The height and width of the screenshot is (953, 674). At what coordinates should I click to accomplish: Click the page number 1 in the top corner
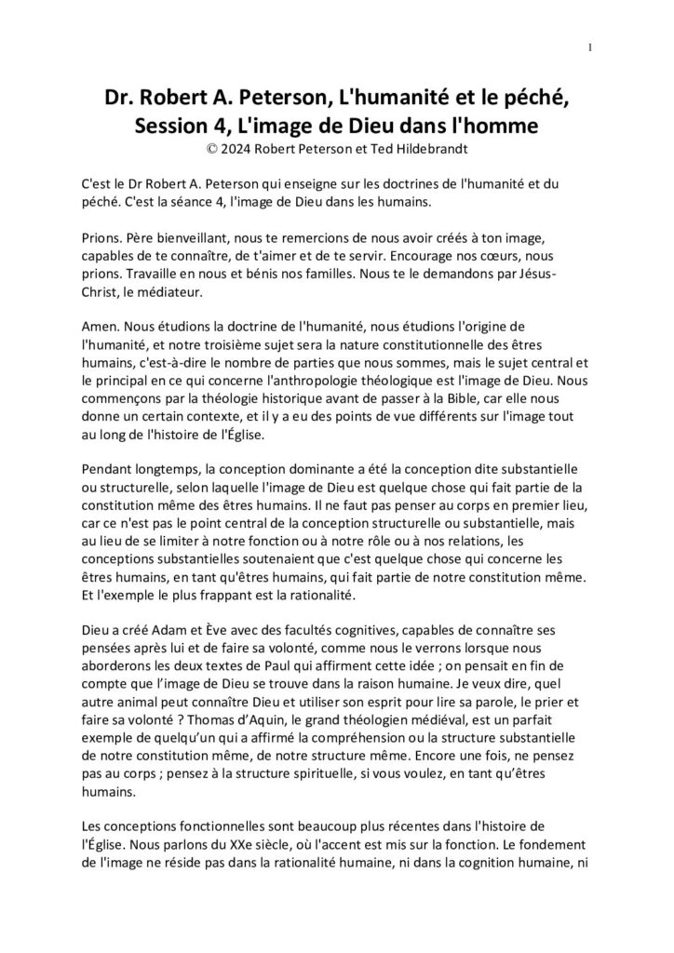pyautogui.click(x=591, y=47)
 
